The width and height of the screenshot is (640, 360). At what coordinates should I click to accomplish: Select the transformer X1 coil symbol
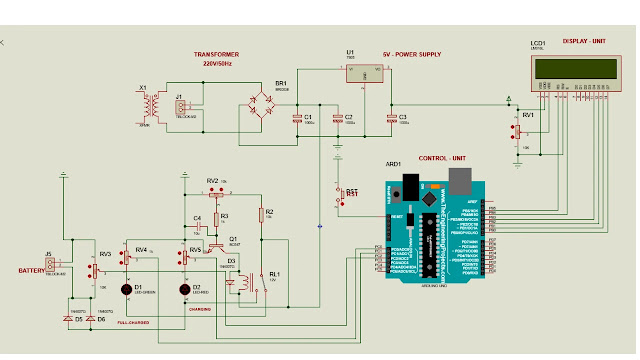(152, 104)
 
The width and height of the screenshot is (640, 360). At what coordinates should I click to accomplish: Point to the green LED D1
(127, 290)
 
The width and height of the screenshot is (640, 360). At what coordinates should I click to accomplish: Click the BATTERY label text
(32, 271)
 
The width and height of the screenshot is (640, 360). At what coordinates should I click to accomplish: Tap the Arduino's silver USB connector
(460, 181)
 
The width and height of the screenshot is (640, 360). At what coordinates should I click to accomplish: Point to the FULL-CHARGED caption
(134, 323)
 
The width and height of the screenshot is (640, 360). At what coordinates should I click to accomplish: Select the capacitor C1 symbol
(297, 120)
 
